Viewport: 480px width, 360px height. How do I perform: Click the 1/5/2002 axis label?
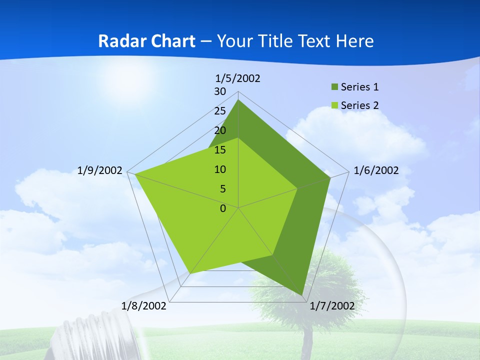click(x=237, y=78)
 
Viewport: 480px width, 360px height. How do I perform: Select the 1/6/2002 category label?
click(x=376, y=170)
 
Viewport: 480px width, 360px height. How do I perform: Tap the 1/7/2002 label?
click(x=332, y=306)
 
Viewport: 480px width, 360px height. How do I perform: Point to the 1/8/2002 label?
click(x=144, y=306)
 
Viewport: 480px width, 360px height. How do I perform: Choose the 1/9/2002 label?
click(x=100, y=170)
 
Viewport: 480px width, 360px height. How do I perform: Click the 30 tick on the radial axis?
click(x=220, y=91)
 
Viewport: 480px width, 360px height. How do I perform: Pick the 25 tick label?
click(x=220, y=111)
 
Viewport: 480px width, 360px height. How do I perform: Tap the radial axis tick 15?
click(x=220, y=150)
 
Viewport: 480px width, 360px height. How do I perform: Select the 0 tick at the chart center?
click(x=223, y=208)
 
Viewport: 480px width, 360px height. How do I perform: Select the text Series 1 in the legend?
click(x=359, y=87)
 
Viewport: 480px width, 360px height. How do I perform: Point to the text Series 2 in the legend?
click(x=359, y=105)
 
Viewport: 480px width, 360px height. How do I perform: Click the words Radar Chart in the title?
click(x=146, y=41)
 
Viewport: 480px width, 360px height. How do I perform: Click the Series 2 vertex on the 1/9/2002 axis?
click(x=135, y=174)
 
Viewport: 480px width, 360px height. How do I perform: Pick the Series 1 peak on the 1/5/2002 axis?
click(x=238, y=100)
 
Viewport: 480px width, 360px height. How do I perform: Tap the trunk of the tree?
click(x=306, y=340)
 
